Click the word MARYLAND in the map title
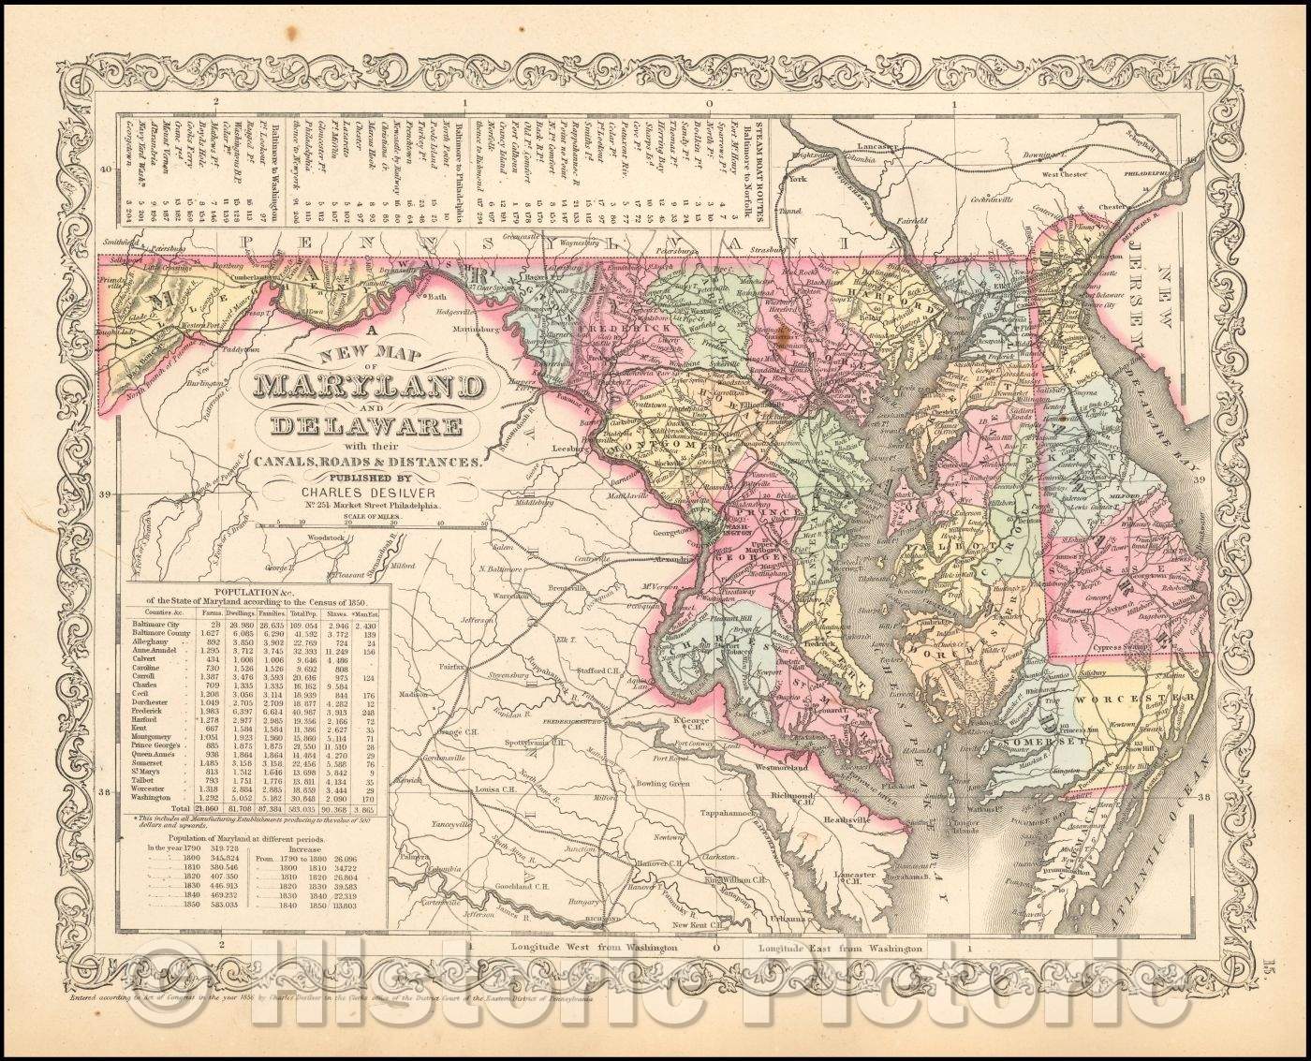367,386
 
